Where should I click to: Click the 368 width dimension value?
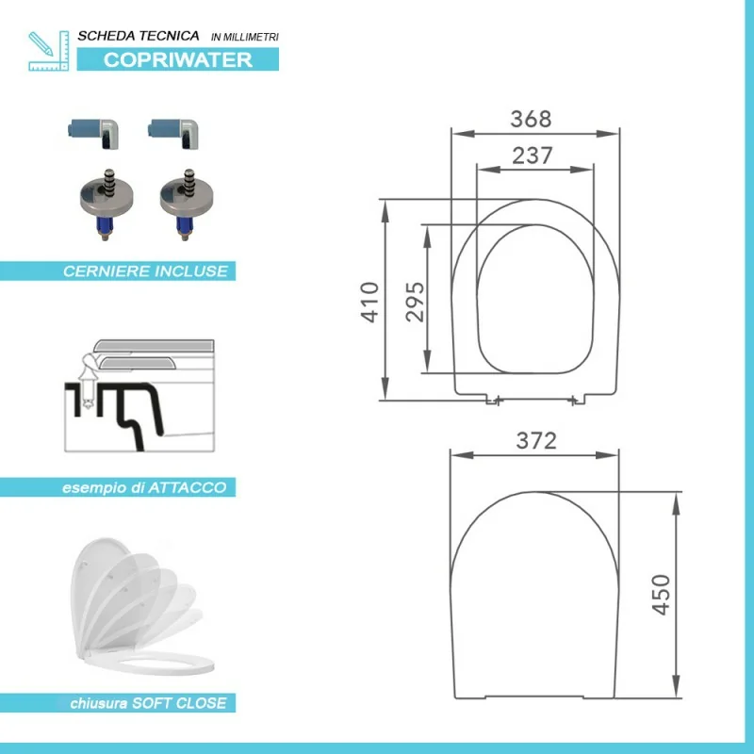pos(531,119)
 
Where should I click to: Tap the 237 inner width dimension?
pos(532,156)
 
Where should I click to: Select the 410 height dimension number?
pos(370,302)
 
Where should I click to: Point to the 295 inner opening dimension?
pos(415,302)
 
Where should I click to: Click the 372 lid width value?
pos(536,440)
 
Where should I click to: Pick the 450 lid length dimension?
pos(661,595)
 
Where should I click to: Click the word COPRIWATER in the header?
pos(178,59)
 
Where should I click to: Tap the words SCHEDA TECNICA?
pos(139,36)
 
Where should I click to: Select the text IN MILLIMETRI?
pos(245,37)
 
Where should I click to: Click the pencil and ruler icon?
pos(49,51)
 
